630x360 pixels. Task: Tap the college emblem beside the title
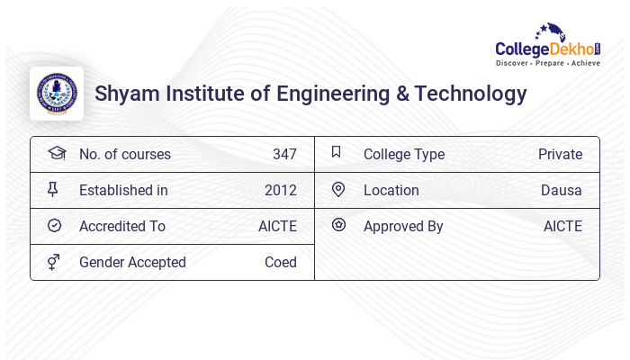(x=57, y=94)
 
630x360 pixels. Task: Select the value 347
(x=284, y=155)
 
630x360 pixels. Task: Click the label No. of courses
(x=124, y=155)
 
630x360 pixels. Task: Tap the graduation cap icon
(x=57, y=153)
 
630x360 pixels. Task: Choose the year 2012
(x=281, y=191)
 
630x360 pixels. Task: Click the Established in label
(x=123, y=191)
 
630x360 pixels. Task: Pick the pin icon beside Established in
(x=54, y=190)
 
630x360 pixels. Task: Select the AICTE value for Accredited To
(x=277, y=227)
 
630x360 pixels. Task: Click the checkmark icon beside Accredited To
(x=54, y=226)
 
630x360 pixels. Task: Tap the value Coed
(x=281, y=263)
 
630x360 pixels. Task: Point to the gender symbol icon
(x=54, y=262)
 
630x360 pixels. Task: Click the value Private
(x=560, y=155)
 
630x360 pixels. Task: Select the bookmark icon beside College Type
(x=337, y=153)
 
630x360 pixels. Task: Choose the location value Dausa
(x=562, y=191)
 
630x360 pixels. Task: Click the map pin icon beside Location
(x=338, y=190)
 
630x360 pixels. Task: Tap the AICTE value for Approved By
(x=562, y=227)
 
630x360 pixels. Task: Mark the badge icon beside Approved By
(x=338, y=225)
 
